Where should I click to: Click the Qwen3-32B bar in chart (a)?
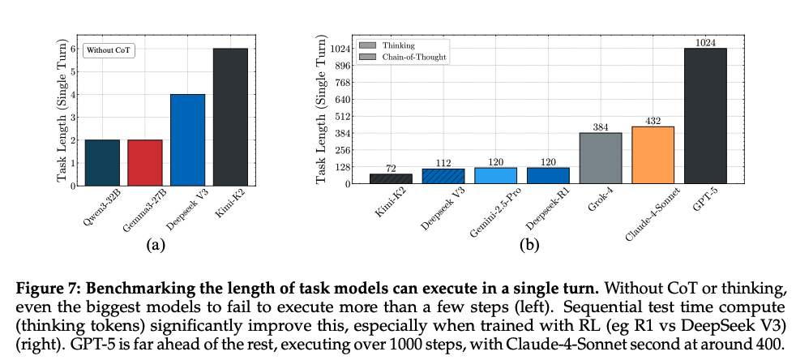(102, 162)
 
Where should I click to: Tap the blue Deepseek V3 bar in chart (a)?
(187, 139)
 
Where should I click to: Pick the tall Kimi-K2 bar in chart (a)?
(230, 117)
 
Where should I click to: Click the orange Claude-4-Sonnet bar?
(653, 155)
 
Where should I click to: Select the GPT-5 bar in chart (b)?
(705, 116)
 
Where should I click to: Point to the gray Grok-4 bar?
(601, 158)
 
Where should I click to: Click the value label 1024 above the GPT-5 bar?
(705, 41)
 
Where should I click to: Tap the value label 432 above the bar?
(653, 120)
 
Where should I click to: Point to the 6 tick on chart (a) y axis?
(73, 49)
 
